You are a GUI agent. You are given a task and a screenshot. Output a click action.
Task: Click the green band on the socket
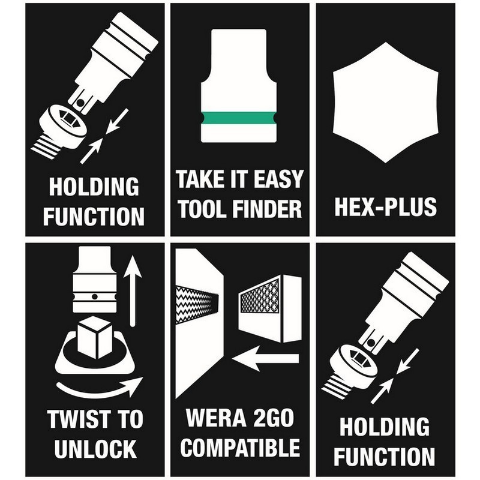[x=239, y=118]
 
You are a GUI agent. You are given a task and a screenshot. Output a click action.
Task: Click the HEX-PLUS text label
[x=386, y=206]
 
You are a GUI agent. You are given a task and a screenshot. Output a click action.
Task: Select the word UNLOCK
[x=94, y=448]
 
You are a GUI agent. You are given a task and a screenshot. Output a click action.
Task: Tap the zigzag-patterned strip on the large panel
[x=194, y=304]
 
